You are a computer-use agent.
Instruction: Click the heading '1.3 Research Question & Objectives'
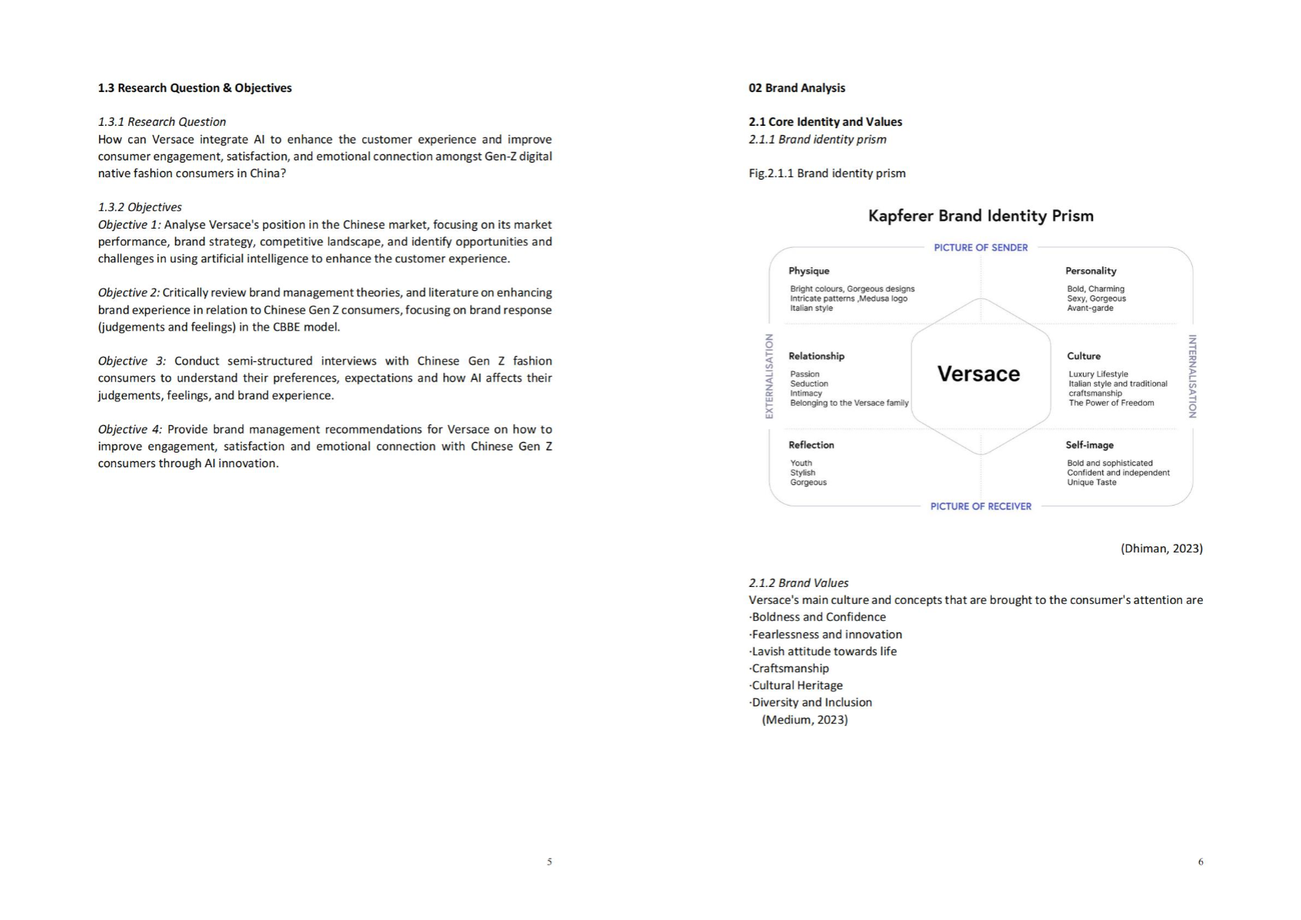(x=195, y=88)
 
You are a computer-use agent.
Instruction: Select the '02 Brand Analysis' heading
(x=797, y=88)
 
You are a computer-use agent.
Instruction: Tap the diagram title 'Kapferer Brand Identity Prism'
(x=980, y=216)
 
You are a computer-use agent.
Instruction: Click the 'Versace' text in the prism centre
(x=979, y=374)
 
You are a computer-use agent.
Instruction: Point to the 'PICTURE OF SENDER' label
(x=980, y=247)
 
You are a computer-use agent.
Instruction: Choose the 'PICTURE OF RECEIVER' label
(x=980, y=506)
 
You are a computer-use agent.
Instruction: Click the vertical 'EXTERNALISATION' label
(x=769, y=376)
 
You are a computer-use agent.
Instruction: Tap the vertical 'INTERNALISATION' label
(x=1192, y=376)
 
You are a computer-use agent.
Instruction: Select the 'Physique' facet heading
(x=809, y=271)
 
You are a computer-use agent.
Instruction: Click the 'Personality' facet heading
(x=1090, y=271)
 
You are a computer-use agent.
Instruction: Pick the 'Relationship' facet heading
(x=816, y=356)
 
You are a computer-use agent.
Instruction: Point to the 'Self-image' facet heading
(x=1089, y=445)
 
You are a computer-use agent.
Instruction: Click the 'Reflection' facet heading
(x=811, y=445)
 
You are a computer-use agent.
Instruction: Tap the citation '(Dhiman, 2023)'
(x=1161, y=549)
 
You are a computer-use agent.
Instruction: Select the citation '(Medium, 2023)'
(x=805, y=720)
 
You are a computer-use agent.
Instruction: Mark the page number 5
(x=549, y=862)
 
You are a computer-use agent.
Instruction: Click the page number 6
(x=1201, y=862)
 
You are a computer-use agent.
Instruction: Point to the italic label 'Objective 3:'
(x=131, y=361)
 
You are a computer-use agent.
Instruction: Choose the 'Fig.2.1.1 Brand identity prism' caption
(x=827, y=173)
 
